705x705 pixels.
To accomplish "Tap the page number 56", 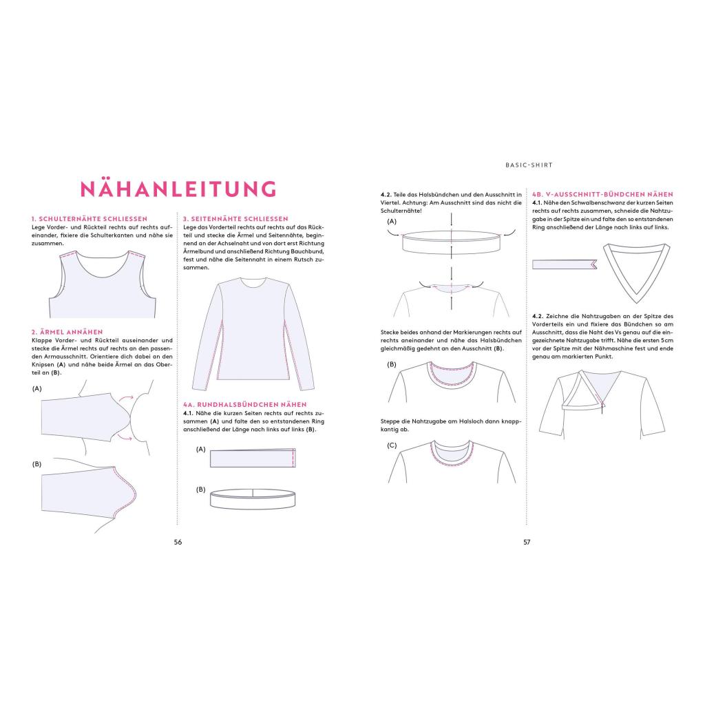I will click(x=178, y=542).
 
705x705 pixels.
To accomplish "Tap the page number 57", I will click(x=527, y=542).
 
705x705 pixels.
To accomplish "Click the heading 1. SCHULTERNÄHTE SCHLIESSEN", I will click(x=90, y=219).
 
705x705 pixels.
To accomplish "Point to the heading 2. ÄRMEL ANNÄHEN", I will click(x=67, y=332).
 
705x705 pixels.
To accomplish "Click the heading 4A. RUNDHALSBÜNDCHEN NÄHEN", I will click(x=244, y=404).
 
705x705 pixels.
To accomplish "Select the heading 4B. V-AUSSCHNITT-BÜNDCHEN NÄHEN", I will click(x=602, y=195).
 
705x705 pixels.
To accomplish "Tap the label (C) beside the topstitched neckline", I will click(x=392, y=445).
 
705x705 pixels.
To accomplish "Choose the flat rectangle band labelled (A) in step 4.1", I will click(x=253, y=459).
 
